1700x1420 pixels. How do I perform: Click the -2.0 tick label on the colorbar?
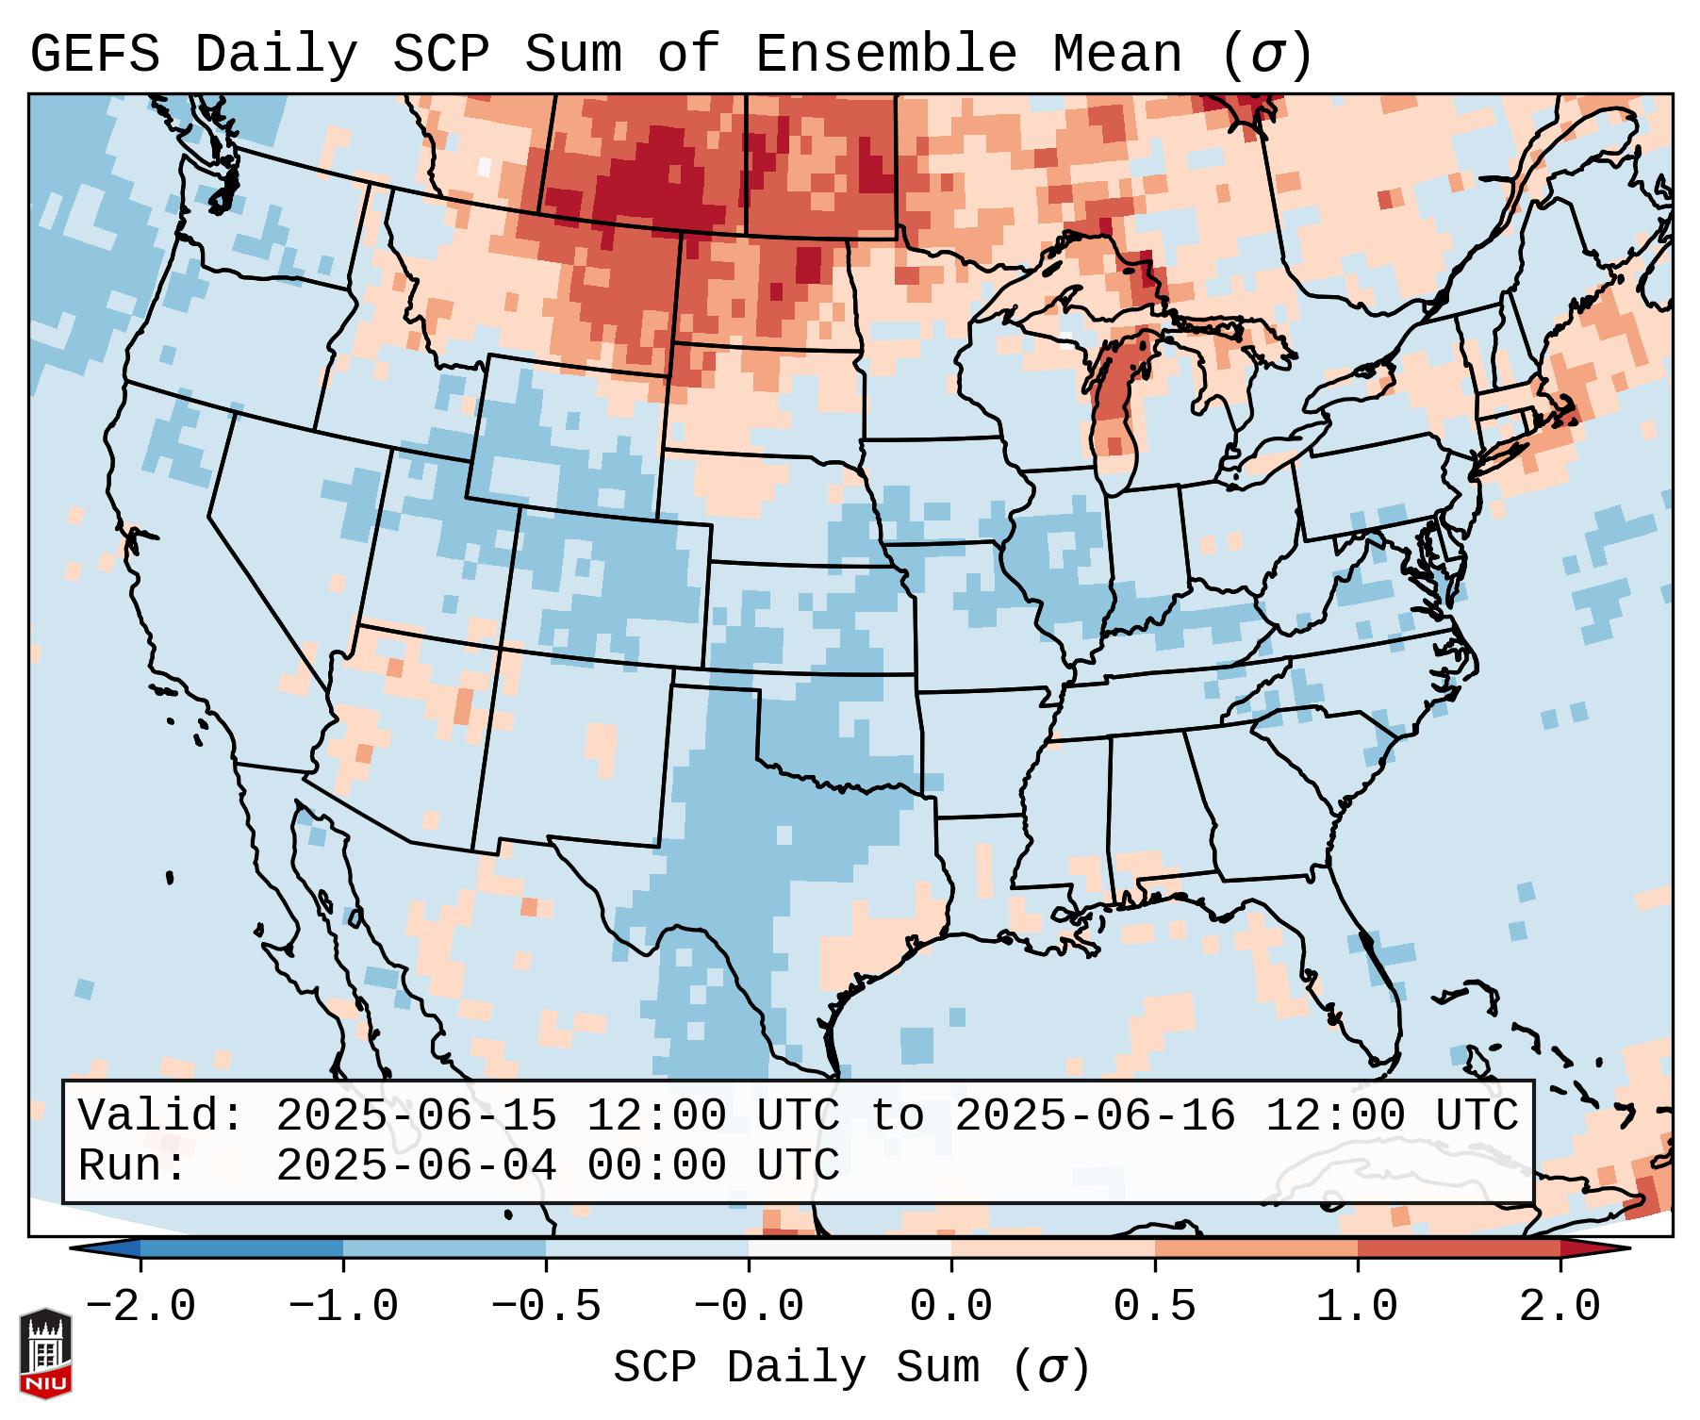[140, 1307]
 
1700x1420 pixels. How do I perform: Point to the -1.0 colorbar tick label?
[343, 1307]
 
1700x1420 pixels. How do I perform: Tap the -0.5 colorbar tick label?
[546, 1307]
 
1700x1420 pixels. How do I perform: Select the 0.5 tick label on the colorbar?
[1154, 1307]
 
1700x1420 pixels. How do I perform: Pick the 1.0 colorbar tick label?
[1357, 1307]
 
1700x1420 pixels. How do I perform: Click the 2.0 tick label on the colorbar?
[1560, 1307]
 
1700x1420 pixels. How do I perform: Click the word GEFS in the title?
[95, 55]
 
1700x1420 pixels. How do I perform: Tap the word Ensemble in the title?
[886, 55]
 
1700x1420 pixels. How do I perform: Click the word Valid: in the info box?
[161, 1115]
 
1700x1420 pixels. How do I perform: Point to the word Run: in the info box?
[133, 1165]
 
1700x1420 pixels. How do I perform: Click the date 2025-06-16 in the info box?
[1095, 1115]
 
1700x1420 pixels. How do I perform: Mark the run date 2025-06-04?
[416, 1165]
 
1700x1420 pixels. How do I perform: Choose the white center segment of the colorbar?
[850, 1248]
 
